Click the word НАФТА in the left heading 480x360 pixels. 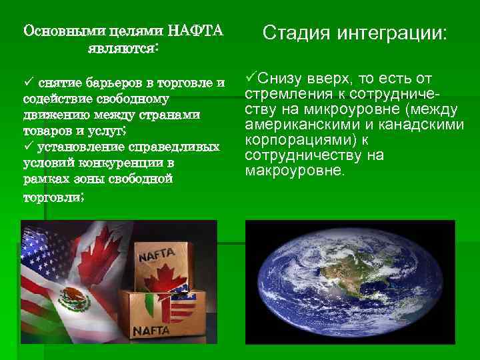pos(197,31)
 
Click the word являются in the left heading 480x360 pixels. pos(123,48)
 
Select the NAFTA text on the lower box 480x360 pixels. pos(154,329)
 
